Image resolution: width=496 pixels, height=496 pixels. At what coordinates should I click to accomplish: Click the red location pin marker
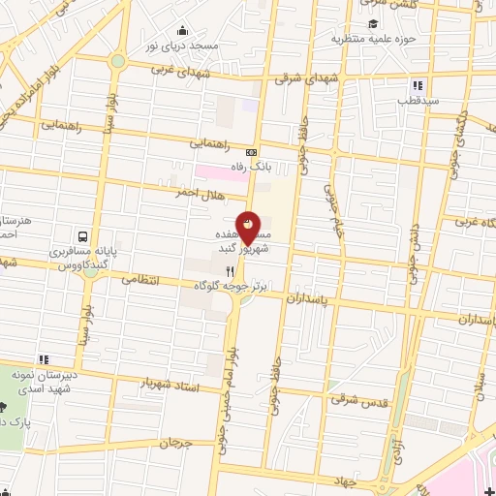pos(248,229)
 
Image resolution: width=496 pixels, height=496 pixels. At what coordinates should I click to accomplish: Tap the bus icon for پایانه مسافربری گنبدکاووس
pos(83,235)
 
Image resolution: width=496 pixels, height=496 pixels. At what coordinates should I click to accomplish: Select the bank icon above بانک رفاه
pos(252,152)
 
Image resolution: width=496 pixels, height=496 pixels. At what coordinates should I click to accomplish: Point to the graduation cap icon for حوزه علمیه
pos(373,25)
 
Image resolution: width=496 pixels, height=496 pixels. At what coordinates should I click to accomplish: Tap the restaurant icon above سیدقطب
pos(418,85)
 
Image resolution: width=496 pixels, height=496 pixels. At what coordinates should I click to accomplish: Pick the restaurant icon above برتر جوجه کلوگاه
pos(230,272)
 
